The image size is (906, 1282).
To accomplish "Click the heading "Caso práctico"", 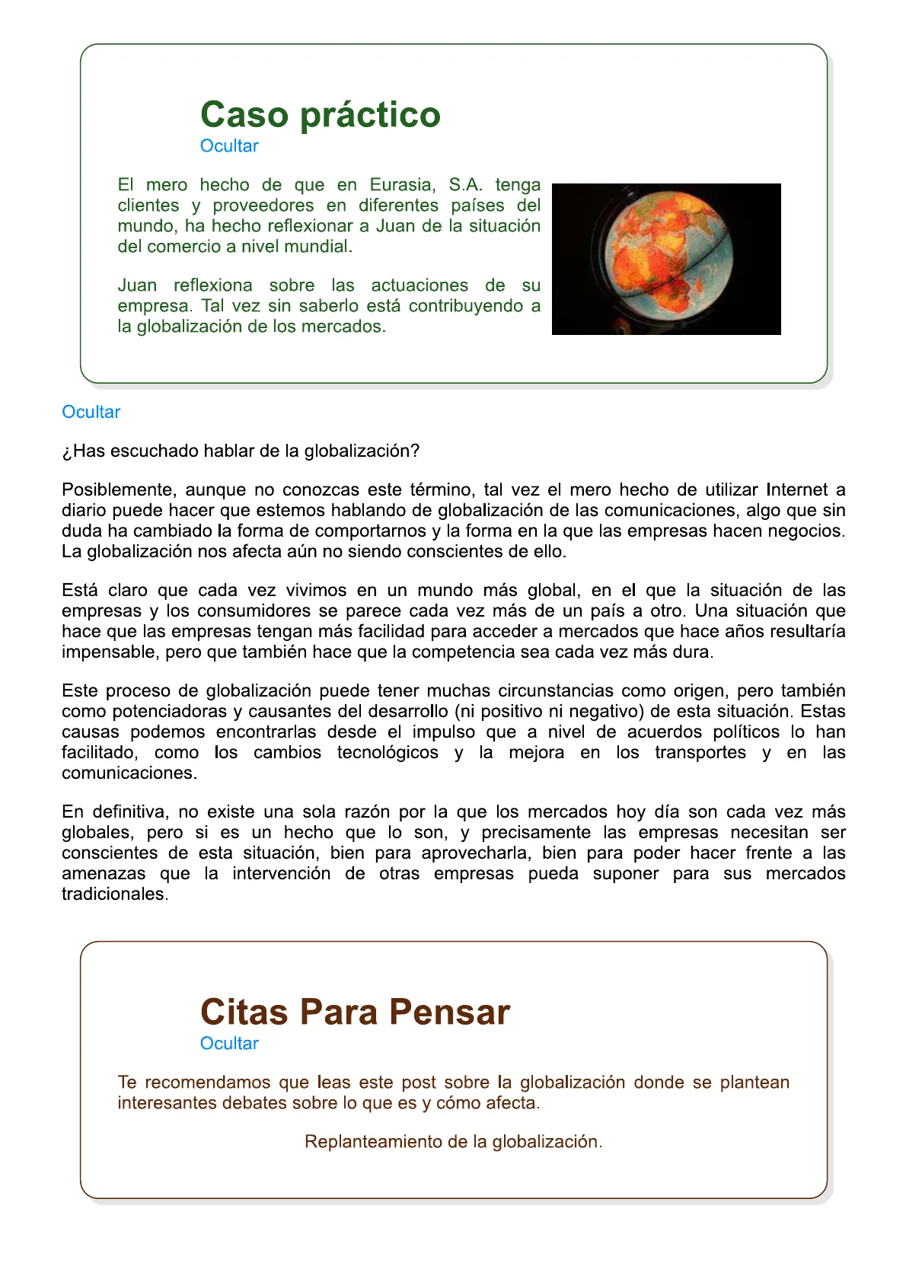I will click(x=320, y=115).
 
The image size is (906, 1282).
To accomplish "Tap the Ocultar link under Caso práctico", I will click(x=228, y=146).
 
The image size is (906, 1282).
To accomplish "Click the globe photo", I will click(x=665, y=259).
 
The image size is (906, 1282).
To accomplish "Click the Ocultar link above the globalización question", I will click(x=91, y=412).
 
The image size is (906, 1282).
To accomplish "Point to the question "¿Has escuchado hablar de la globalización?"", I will click(x=241, y=451).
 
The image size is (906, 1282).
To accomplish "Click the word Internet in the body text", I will click(x=797, y=490).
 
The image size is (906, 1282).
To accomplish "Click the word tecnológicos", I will click(x=388, y=752).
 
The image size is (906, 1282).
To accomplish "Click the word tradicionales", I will click(x=113, y=894).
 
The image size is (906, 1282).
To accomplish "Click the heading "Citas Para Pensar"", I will click(x=355, y=1013).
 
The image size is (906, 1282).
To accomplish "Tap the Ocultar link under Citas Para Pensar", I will click(x=228, y=1044).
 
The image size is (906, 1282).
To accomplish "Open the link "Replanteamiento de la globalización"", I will click(x=452, y=1142).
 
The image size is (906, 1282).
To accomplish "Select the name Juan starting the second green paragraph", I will click(x=137, y=285).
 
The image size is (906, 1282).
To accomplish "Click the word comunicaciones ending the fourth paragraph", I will click(x=128, y=773).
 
